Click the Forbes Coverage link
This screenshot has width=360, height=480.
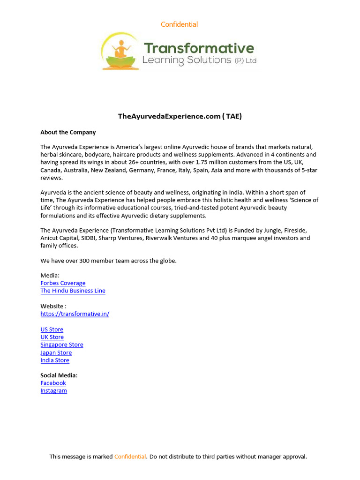(x=63, y=283)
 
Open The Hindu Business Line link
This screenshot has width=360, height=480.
(x=73, y=291)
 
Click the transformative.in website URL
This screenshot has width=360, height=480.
(x=75, y=314)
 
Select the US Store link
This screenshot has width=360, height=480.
(x=52, y=330)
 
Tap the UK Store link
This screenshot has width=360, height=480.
(x=52, y=337)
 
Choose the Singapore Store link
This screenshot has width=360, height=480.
(x=62, y=345)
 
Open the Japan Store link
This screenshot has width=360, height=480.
(x=56, y=352)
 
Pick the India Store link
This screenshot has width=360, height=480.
(x=55, y=360)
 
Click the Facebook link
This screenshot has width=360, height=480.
(x=53, y=383)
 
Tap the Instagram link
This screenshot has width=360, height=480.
(x=53, y=390)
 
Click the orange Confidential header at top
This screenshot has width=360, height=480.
(x=179, y=24)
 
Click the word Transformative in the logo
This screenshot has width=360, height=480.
(x=199, y=48)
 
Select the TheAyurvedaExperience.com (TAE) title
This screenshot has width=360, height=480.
(x=180, y=116)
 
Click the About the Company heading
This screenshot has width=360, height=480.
(x=68, y=132)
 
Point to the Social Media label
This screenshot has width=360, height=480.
(x=59, y=375)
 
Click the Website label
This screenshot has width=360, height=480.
(x=53, y=306)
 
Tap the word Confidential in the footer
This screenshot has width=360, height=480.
(x=130, y=457)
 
